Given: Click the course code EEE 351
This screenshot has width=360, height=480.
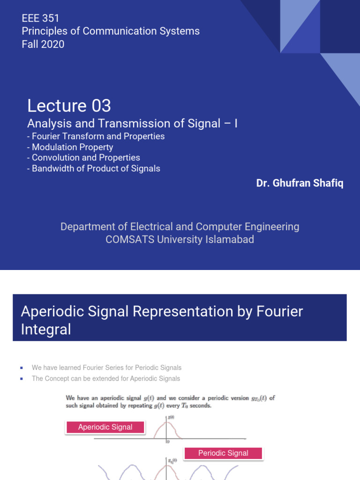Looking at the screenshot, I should [41, 18].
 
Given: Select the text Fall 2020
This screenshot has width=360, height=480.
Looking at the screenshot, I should [43, 44].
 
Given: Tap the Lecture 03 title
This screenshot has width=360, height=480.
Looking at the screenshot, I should [69, 105].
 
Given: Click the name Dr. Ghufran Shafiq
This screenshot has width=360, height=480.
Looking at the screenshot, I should [300, 183].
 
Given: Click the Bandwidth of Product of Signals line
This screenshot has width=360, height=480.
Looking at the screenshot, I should [94, 168].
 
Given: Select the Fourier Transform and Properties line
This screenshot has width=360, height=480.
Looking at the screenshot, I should [96, 136].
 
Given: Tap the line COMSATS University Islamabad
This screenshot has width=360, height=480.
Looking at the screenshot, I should [180, 239].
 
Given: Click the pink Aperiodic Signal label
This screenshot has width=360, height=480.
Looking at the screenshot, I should [105, 427].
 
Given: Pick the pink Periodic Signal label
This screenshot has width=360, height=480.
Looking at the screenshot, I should [223, 453].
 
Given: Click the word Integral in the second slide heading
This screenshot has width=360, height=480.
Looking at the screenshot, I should [46, 329].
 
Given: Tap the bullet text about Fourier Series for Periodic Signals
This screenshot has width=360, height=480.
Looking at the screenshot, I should [106, 367].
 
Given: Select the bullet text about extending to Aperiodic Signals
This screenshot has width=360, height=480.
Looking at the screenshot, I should [106, 378].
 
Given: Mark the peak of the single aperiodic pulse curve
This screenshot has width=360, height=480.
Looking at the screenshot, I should [167, 423].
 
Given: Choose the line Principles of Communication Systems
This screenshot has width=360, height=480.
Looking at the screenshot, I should [111, 31].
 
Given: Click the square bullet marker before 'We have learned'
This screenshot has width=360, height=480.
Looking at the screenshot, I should [22, 367].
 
